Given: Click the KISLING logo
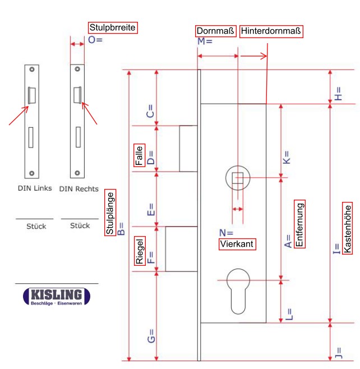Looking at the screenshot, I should (x=56, y=297).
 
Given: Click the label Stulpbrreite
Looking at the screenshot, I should (x=113, y=27).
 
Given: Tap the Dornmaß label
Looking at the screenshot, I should (x=216, y=31).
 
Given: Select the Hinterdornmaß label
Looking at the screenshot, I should (x=271, y=31).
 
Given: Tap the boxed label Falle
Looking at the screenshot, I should (x=139, y=155).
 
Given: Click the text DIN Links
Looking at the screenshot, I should (x=35, y=189).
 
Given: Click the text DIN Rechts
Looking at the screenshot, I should (x=79, y=189).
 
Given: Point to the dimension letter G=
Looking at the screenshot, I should (x=150, y=336).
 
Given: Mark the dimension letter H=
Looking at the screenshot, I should (x=338, y=93).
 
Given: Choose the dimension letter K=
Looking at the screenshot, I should (x=287, y=158).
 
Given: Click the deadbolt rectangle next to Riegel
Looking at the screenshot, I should (x=181, y=249).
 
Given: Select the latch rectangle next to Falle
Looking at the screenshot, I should (x=188, y=149).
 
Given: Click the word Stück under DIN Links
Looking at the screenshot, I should (x=36, y=227).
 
